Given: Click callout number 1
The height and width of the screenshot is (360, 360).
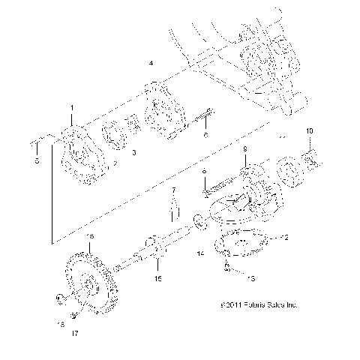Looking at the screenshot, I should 73,109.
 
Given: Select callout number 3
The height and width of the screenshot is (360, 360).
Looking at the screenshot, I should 133,152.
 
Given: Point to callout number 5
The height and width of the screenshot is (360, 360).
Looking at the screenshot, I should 35,160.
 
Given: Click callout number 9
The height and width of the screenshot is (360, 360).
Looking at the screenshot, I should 244,151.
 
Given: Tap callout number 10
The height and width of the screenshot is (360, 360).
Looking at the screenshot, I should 310,131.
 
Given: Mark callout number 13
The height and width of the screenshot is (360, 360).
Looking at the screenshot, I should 251,278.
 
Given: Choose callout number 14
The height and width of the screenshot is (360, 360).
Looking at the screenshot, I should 201,255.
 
